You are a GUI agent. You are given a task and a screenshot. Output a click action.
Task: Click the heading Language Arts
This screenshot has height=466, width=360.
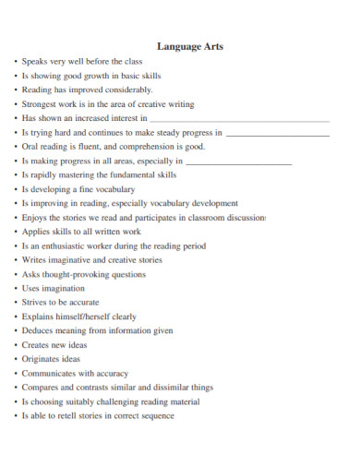(190, 46)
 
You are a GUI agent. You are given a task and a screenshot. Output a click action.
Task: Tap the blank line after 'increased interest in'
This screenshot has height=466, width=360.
(239, 120)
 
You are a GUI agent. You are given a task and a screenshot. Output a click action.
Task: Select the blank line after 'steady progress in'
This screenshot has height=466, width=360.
(277, 134)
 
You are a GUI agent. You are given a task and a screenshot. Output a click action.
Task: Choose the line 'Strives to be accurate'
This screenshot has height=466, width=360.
(62, 302)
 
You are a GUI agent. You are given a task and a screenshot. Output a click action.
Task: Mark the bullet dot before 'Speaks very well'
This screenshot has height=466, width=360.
(16, 62)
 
